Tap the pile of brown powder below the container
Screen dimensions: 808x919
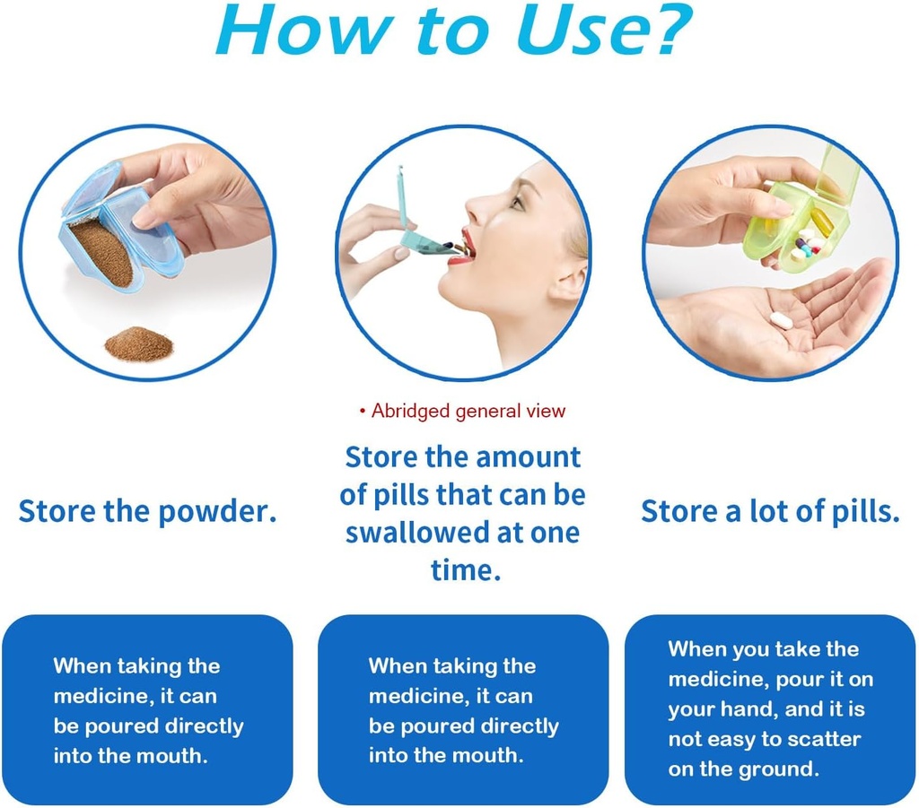(x=137, y=343)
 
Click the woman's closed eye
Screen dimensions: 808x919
(x=518, y=200)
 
